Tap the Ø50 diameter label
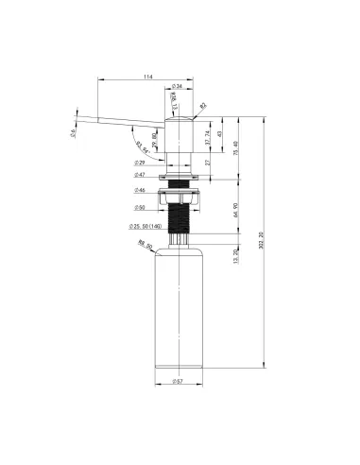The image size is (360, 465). [x=140, y=207]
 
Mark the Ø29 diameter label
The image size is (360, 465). [x=140, y=163]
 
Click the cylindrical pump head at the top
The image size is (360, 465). [x=179, y=132]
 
